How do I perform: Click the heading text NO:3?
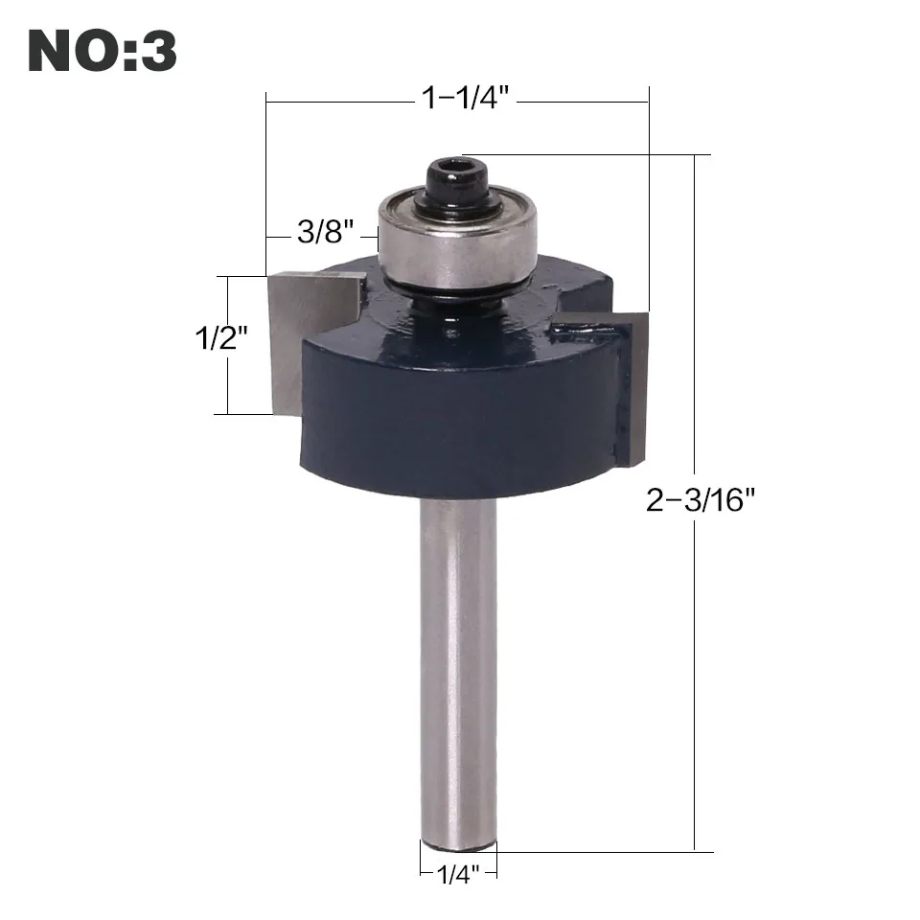tap(103, 51)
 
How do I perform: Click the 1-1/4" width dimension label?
tap(466, 98)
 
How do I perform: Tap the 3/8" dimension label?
tap(326, 231)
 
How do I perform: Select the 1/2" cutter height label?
tap(221, 338)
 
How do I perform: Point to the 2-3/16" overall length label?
tap(700, 500)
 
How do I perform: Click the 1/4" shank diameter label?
tap(458, 875)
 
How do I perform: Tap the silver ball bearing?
tap(458, 238)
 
